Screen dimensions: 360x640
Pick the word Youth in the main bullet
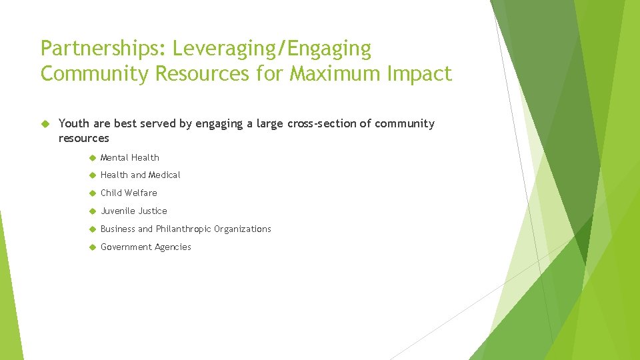73,123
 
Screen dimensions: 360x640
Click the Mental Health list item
130,157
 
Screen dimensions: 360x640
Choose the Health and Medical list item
140,175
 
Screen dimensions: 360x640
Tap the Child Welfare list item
129,193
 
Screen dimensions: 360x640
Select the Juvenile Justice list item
133,211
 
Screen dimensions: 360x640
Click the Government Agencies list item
145,247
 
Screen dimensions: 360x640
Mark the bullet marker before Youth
45,123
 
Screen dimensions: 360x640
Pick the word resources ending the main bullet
83,139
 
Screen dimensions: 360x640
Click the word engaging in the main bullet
219,123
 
